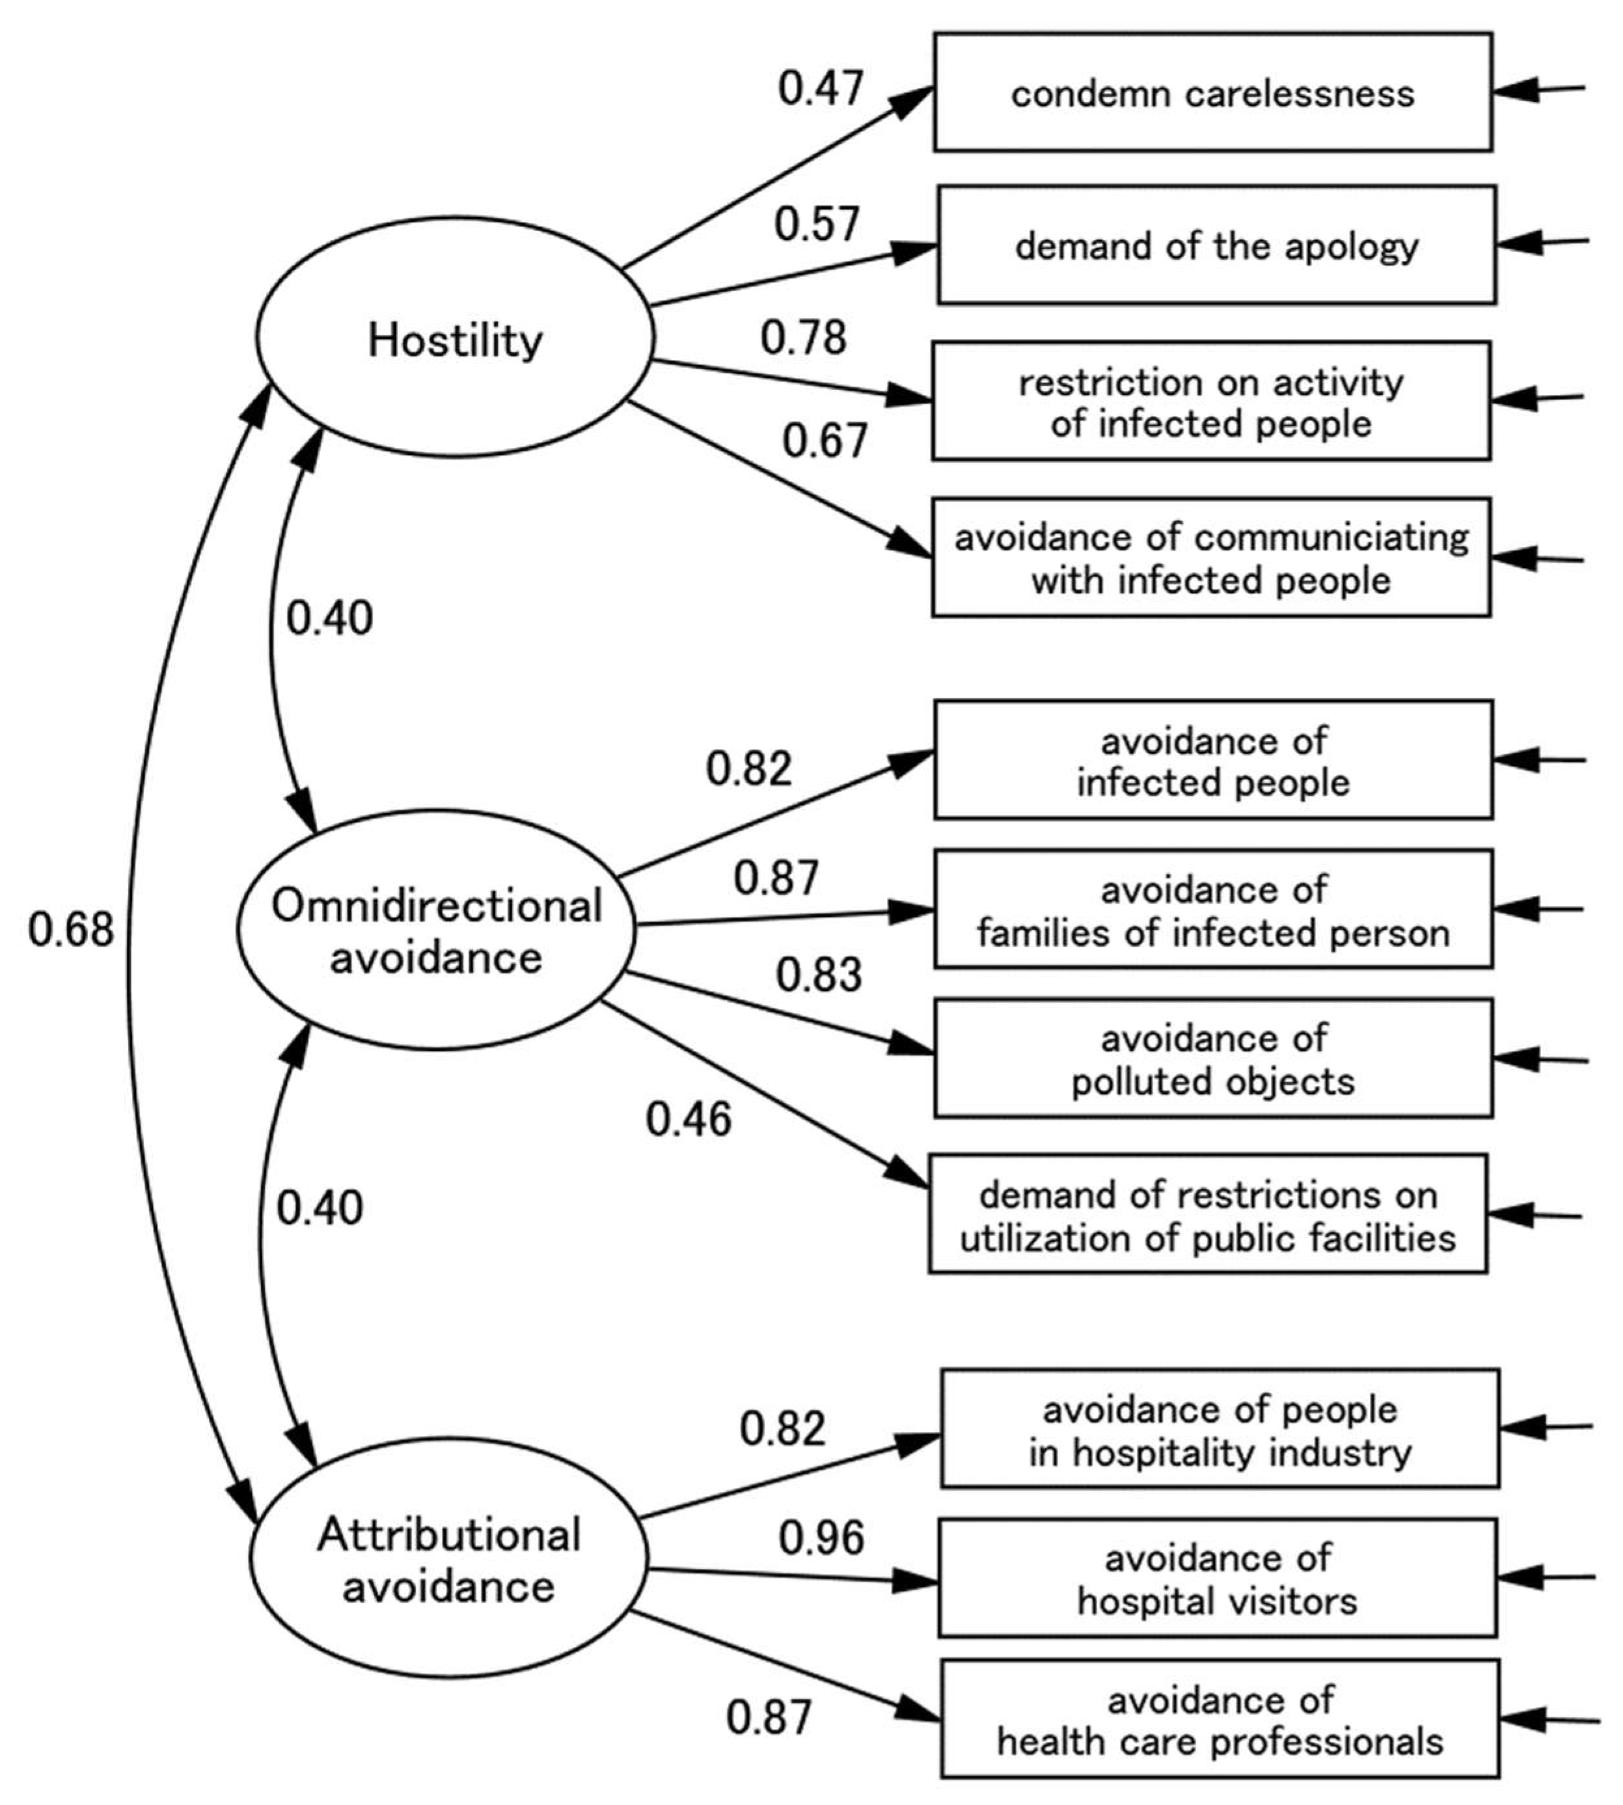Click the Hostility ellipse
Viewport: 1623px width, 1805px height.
click(455, 338)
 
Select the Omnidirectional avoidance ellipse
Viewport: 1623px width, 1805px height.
click(436, 930)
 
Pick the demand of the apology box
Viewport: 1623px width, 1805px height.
click(1216, 245)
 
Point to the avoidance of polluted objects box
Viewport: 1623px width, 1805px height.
click(1213, 1059)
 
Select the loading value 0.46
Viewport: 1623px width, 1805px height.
click(689, 1119)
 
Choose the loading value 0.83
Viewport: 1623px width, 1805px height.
click(819, 975)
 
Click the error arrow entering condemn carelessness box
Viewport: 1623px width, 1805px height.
click(1538, 89)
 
